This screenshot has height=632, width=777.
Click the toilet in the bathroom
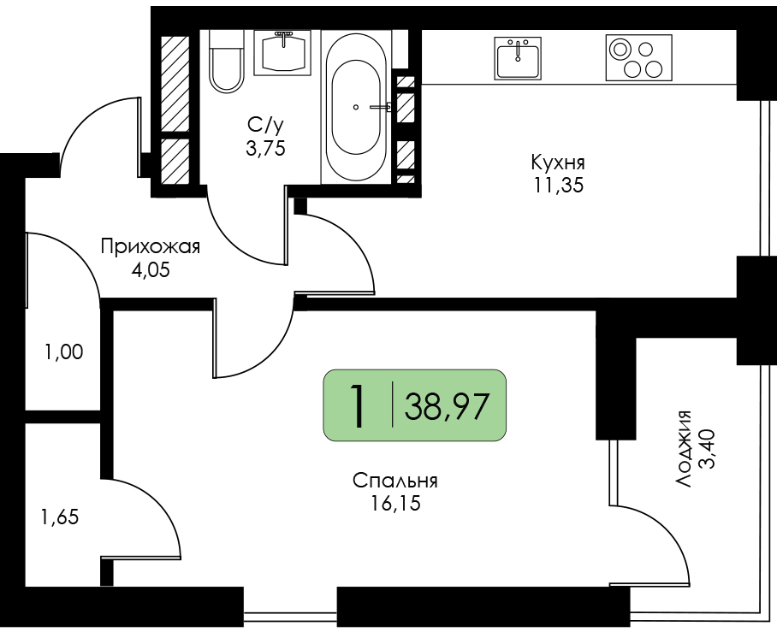(227, 61)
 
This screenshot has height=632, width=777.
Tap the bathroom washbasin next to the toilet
(282, 52)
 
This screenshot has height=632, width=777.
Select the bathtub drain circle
(356, 107)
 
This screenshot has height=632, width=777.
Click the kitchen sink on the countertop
(518, 58)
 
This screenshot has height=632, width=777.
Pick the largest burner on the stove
(620, 49)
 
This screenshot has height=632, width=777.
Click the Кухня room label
(558, 162)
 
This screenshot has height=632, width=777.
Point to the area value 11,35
(558, 186)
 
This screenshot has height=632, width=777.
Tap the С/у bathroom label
(265, 126)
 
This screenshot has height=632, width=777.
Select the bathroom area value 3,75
(265, 148)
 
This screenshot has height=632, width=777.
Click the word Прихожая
(150, 246)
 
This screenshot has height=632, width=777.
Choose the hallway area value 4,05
(150, 270)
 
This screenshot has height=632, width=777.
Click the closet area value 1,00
(63, 352)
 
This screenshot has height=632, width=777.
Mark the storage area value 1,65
(60, 517)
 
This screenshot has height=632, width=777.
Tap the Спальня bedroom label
(395, 480)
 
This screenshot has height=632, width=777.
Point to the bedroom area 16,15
(395, 503)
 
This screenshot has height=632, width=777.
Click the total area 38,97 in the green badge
(447, 405)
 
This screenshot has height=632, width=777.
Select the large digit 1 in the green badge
(358, 405)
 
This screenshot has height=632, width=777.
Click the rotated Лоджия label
(684, 449)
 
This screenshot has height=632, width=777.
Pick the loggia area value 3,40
(706, 449)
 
